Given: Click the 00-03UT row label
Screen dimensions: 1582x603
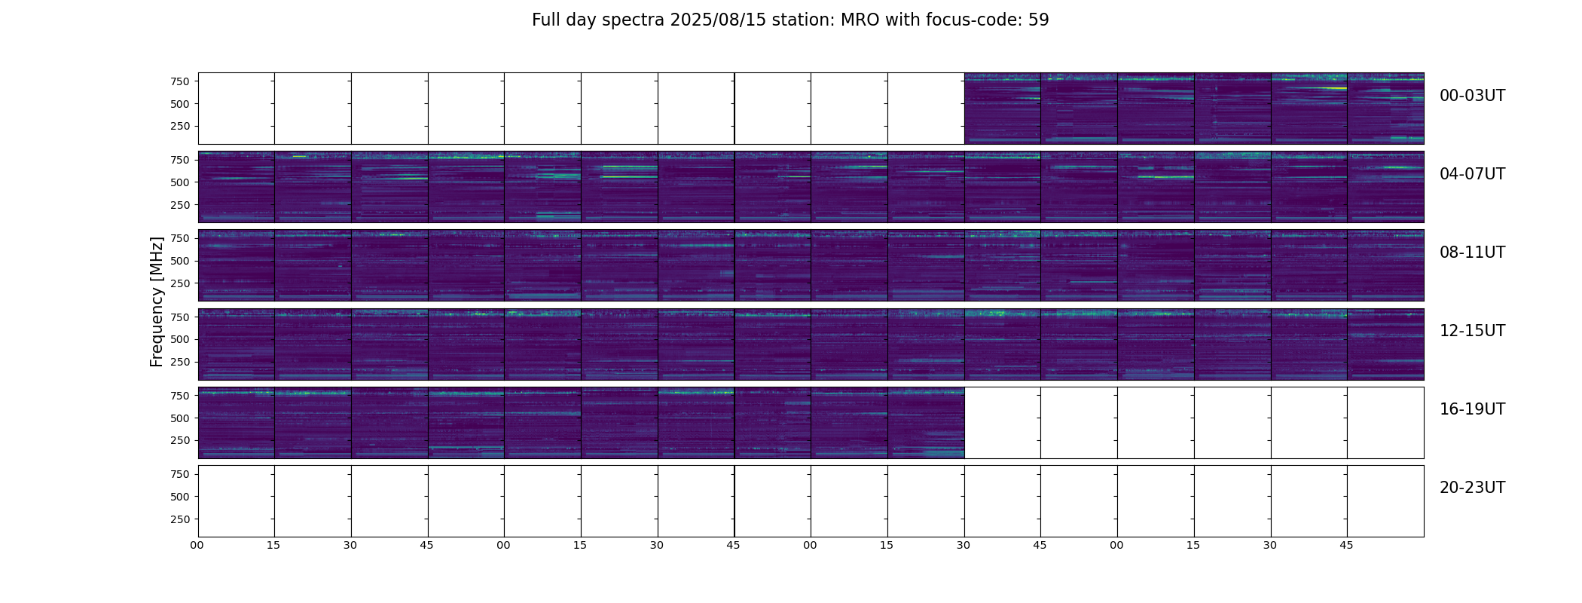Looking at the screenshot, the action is click(1472, 96).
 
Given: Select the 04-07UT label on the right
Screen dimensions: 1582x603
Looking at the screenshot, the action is click(1472, 174).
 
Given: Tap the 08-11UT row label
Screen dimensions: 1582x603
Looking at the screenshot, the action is click(1472, 253).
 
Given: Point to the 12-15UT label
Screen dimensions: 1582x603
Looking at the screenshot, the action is click(1472, 331).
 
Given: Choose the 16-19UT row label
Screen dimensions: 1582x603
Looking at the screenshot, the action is click(1472, 409).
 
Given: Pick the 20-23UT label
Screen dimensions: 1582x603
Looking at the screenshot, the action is click(1472, 488).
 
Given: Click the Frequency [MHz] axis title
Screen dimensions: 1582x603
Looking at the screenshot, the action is click(157, 301).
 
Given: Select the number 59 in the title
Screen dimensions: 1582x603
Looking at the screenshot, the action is click(1039, 20).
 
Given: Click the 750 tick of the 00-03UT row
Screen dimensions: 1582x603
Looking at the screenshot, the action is click(180, 81).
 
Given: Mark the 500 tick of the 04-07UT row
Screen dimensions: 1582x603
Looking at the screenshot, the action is click(180, 182).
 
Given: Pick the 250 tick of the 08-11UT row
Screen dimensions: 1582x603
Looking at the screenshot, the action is click(180, 283).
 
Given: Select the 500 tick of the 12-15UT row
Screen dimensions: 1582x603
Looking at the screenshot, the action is click(180, 339).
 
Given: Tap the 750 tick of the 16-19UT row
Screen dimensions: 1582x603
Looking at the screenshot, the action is click(180, 396).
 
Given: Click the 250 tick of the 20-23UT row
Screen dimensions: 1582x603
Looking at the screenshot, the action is click(180, 519).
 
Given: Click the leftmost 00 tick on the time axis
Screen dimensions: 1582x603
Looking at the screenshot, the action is click(197, 546).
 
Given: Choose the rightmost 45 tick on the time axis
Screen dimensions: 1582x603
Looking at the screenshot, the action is click(1346, 546).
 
